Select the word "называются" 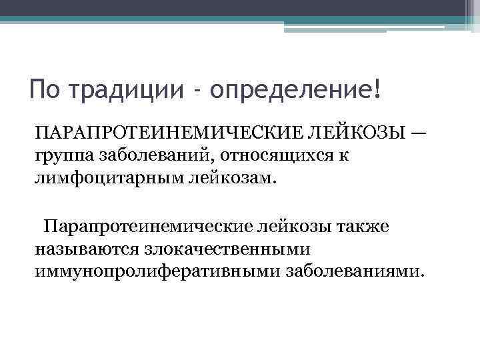pos(84,249)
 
